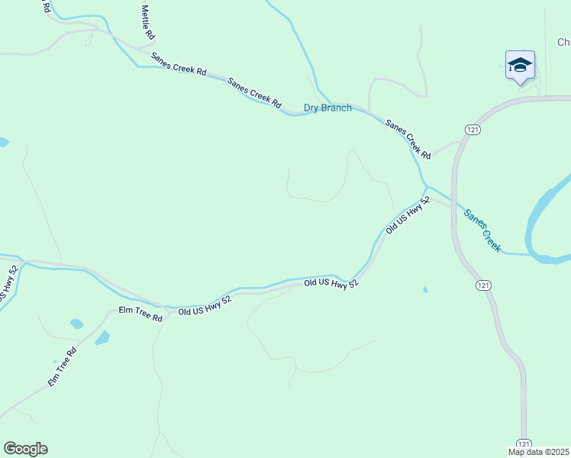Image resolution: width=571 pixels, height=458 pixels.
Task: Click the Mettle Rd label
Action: click(x=148, y=22)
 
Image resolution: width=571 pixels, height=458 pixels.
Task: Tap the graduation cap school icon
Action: click(x=520, y=65)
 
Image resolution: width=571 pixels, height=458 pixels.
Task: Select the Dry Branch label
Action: click(x=327, y=108)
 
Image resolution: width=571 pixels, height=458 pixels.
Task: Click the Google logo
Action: click(x=25, y=449)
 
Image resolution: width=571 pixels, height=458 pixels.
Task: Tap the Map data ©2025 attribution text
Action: click(x=538, y=452)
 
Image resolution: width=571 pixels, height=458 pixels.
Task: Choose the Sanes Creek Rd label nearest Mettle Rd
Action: click(x=179, y=64)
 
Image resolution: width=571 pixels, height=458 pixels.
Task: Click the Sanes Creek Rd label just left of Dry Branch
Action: click(x=254, y=92)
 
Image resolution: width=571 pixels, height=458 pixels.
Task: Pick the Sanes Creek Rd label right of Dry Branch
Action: click(x=408, y=139)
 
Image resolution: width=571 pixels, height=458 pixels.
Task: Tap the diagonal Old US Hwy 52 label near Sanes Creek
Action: click(x=408, y=214)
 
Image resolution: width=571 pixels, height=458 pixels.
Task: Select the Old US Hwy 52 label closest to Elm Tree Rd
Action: click(x=205, y=305)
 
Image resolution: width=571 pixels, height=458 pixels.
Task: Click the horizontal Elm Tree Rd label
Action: click(x=140, y=313)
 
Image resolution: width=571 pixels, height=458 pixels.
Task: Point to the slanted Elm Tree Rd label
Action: click(x=63, y=367)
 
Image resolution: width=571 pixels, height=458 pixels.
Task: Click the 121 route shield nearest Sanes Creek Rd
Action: click(x=473, y=131)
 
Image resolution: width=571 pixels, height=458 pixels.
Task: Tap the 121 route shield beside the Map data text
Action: click(x=523, y=443)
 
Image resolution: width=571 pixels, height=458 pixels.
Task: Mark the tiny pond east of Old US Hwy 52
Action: click(x=425, y=290)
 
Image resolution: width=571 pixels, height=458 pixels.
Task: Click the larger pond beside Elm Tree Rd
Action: click(x=102, y=337)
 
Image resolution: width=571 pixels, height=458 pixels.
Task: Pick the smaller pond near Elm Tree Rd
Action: click(x=76, y=324)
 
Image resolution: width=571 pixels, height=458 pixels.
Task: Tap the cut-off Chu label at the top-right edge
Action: click(x=563, y=43)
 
